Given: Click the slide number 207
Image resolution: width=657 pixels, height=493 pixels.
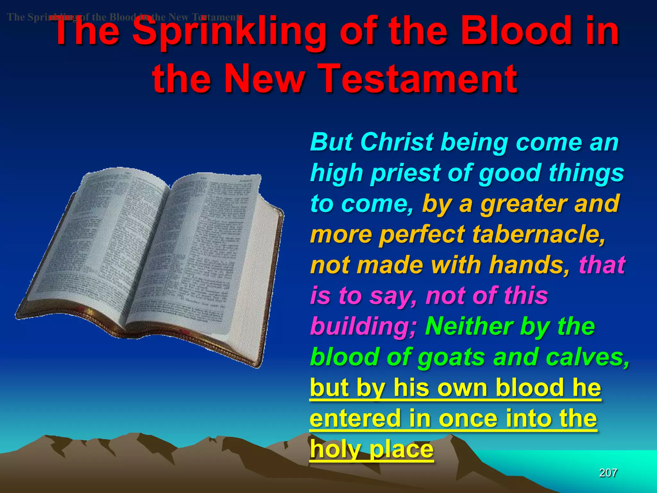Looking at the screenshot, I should tap(608, 473).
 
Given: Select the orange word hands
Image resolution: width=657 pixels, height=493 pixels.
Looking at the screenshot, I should tap(530, 265).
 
